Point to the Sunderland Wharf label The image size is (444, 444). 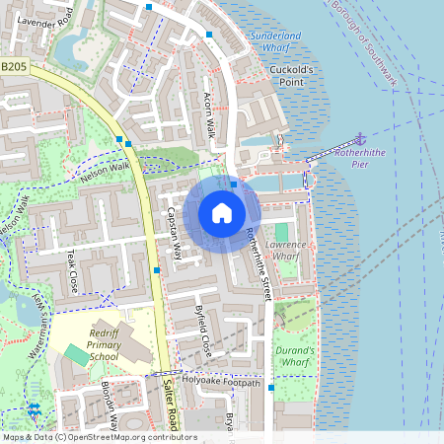[x=282, y=41]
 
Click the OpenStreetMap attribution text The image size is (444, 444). [x=99, y=437]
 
